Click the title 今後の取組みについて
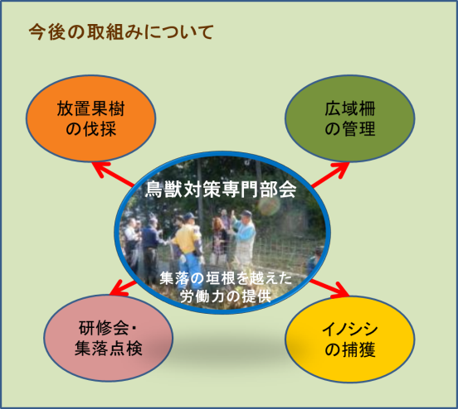(x=121, y=31)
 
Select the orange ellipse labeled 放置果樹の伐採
(x=90, y=118)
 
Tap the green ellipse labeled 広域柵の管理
(x=350, y=118)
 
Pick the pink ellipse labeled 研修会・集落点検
(x=109, y=338)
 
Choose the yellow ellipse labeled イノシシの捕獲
(x=350, y=339)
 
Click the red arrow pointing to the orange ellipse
(x=113, y=174)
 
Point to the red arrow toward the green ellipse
(x=330, y=175)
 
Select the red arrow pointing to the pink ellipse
(x=123, y=288)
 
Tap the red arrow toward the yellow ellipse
(x=329, y=288)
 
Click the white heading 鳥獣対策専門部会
(x=221, y=190)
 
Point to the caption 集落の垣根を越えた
(x=226, y=278)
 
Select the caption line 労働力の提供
(x=226, y=296)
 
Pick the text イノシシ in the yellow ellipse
(x=350, y=330)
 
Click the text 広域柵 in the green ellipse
(x=350, y=108)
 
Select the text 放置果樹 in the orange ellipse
(x=90, y=108)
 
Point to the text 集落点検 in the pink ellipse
(x=109, y=349)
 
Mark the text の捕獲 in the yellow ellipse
(x=350, y=349)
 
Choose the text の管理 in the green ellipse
(x=350, y=128)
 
